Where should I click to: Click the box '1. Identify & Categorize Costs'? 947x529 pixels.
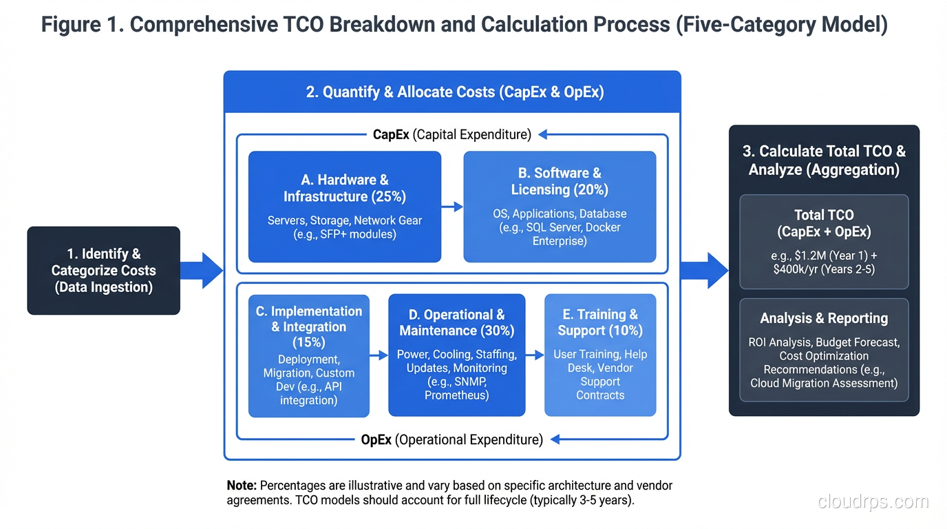point(103,271)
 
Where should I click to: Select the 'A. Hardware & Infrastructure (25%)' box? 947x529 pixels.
point(344,207)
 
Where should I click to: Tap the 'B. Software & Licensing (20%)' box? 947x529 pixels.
point(559,207)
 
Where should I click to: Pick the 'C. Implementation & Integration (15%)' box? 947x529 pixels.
point(308,355)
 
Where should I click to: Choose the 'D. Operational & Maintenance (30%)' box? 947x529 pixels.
point(456,355)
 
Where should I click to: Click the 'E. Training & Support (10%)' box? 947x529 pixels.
point(600,355)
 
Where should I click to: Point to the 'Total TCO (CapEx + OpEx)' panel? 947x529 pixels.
point(824,242)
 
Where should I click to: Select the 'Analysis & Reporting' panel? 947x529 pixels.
point(824,350)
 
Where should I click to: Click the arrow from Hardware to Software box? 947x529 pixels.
point(452,206)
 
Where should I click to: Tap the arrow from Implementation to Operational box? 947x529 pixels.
point(379,355)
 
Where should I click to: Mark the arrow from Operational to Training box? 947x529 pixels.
point(535,355)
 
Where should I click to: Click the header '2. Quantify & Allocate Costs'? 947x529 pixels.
point(454,92)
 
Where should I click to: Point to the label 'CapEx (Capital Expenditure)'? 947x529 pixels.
point(452,134)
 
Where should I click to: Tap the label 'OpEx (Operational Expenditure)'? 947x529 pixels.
point(452,439)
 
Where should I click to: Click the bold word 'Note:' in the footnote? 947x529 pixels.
point(242,486)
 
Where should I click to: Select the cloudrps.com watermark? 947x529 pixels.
point(873,502)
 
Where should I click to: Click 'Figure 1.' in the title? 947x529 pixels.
point(82,25)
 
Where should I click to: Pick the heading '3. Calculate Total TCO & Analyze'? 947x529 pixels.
point(824,160)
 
